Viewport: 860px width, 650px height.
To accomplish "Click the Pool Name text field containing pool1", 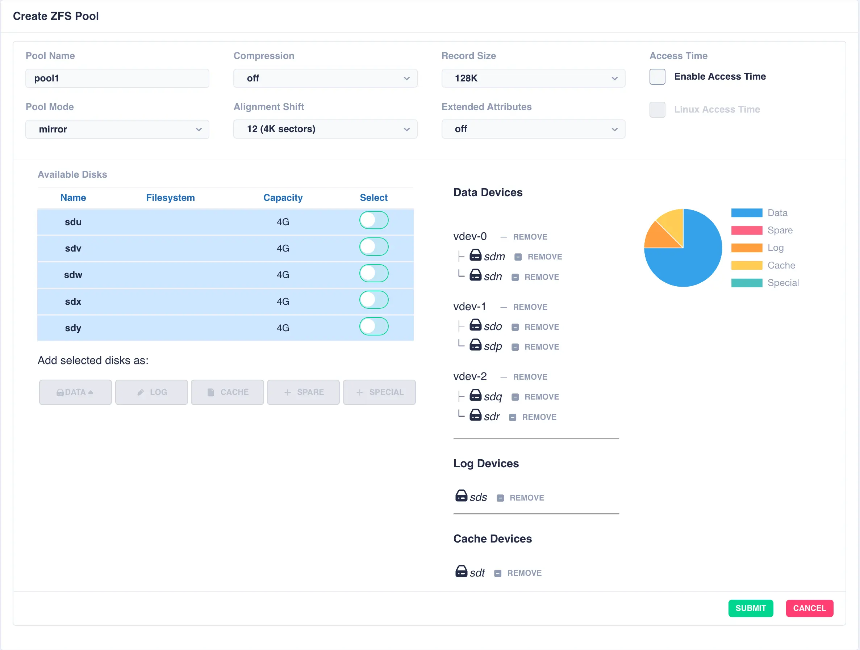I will click(117, 78).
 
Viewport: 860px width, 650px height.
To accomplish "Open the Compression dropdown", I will click(325, 78).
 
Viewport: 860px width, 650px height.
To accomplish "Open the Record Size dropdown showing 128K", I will click(533, 78).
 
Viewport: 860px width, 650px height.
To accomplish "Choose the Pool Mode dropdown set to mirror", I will click(117, 129).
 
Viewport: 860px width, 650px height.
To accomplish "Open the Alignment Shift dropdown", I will click(325, 129).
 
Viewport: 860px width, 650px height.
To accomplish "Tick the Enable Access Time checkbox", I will click(657, 76).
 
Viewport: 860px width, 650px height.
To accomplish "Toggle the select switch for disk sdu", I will click(373, 220).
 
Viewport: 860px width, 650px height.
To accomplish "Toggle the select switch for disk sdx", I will click(373, 300).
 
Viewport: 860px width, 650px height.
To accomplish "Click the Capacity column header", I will click(283, 197).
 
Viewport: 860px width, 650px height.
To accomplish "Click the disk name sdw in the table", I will click(73, 275).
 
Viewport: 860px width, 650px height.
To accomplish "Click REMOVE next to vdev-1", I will click(530, 307).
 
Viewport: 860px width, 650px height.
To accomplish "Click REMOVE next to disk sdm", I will click(544, 257).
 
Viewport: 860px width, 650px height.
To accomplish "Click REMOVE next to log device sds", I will click(526, 498).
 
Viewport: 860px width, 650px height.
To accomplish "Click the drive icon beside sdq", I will click(475, 396).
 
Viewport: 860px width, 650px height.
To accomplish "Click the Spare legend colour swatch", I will click(747, 231).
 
